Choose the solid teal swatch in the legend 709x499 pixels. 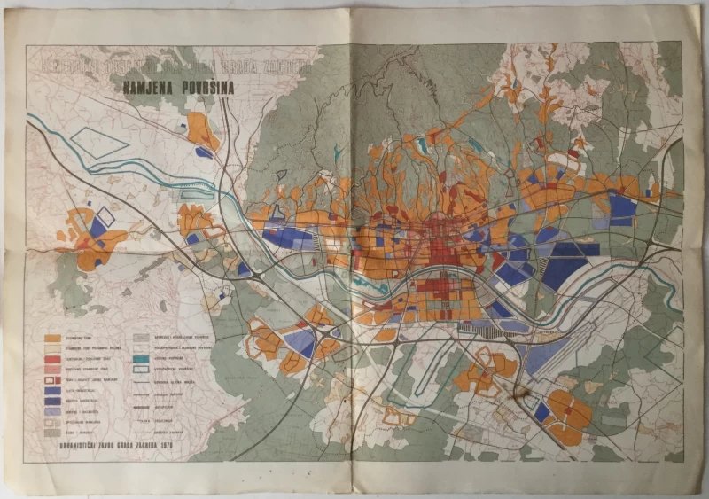pyautogui.click(x=141, y=359)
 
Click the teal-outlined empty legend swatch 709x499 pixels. pyautogui.click(x=141, y=370)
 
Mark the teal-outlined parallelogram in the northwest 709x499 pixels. pyautogui.click(x=98, y=142)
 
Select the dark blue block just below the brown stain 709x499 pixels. pyautogui.click(x=541, y=411)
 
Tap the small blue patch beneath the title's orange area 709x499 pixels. pyautogui.click(x=204, y=152)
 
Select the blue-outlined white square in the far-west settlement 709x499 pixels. pyautogui.click(x=105, y=215)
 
